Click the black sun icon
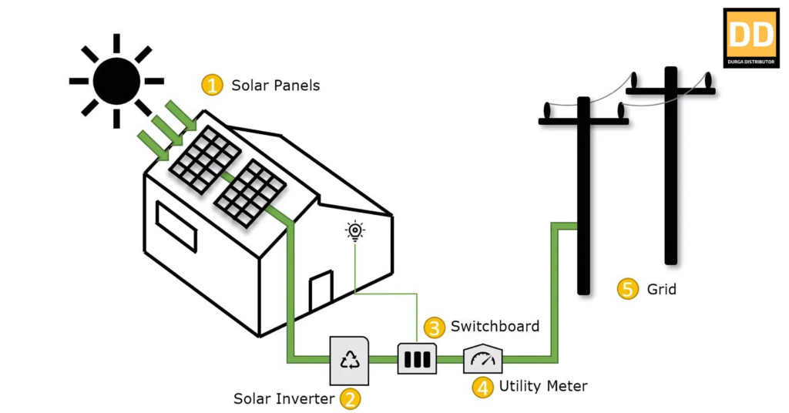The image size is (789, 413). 116,80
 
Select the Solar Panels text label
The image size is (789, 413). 275,86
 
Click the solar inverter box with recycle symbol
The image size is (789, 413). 351,360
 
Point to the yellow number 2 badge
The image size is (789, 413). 351,398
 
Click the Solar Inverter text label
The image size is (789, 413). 284,398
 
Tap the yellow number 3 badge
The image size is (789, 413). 435,327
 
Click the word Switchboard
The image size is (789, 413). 495,326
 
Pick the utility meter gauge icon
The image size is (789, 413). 482,359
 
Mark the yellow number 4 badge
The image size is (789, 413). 483,387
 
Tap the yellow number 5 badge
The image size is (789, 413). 628,290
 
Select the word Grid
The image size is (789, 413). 661,290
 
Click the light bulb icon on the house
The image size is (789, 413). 354,230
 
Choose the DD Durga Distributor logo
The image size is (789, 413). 751,38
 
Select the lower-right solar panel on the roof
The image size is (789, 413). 249,193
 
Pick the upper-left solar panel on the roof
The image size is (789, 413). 204,158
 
